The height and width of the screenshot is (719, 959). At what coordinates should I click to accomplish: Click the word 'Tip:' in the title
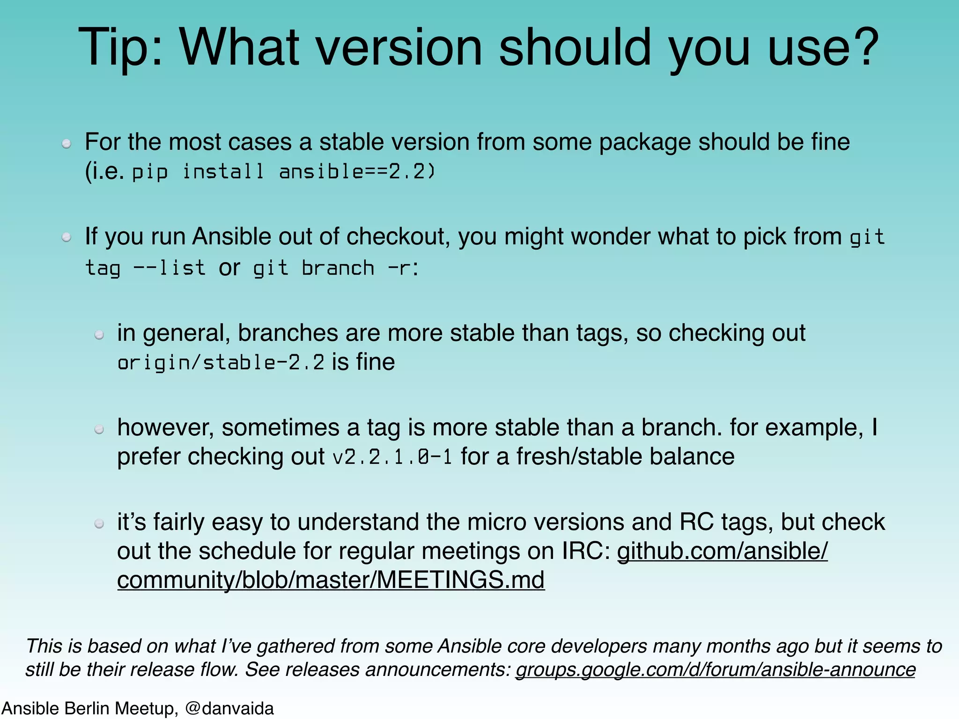tap(121, 48)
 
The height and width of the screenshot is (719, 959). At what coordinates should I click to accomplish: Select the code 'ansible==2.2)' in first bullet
tap(357, 171)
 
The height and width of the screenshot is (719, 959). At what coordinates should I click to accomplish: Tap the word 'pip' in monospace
tap(150, 172)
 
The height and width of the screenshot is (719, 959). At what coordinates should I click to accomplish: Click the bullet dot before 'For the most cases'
tap(66, 143)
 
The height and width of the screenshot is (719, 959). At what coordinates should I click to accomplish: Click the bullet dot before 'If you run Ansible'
tap(66, 237)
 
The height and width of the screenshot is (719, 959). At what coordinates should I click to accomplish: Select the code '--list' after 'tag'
tap(170, 268)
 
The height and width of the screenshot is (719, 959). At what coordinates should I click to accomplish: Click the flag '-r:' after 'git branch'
tap(403, 268)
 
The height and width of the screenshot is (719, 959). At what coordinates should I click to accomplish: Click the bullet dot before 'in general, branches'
tap(99, 334)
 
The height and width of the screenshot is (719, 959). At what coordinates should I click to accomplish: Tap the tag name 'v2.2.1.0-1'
tap(392, 457)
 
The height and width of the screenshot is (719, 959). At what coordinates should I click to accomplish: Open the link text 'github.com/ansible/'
tap(722, 551)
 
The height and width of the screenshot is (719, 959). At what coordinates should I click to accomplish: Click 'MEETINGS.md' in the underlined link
tap(460, 580)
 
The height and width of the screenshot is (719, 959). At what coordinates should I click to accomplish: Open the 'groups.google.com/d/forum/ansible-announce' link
tap(715, 669)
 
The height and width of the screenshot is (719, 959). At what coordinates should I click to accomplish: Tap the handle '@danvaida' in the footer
tap(229, 708)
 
